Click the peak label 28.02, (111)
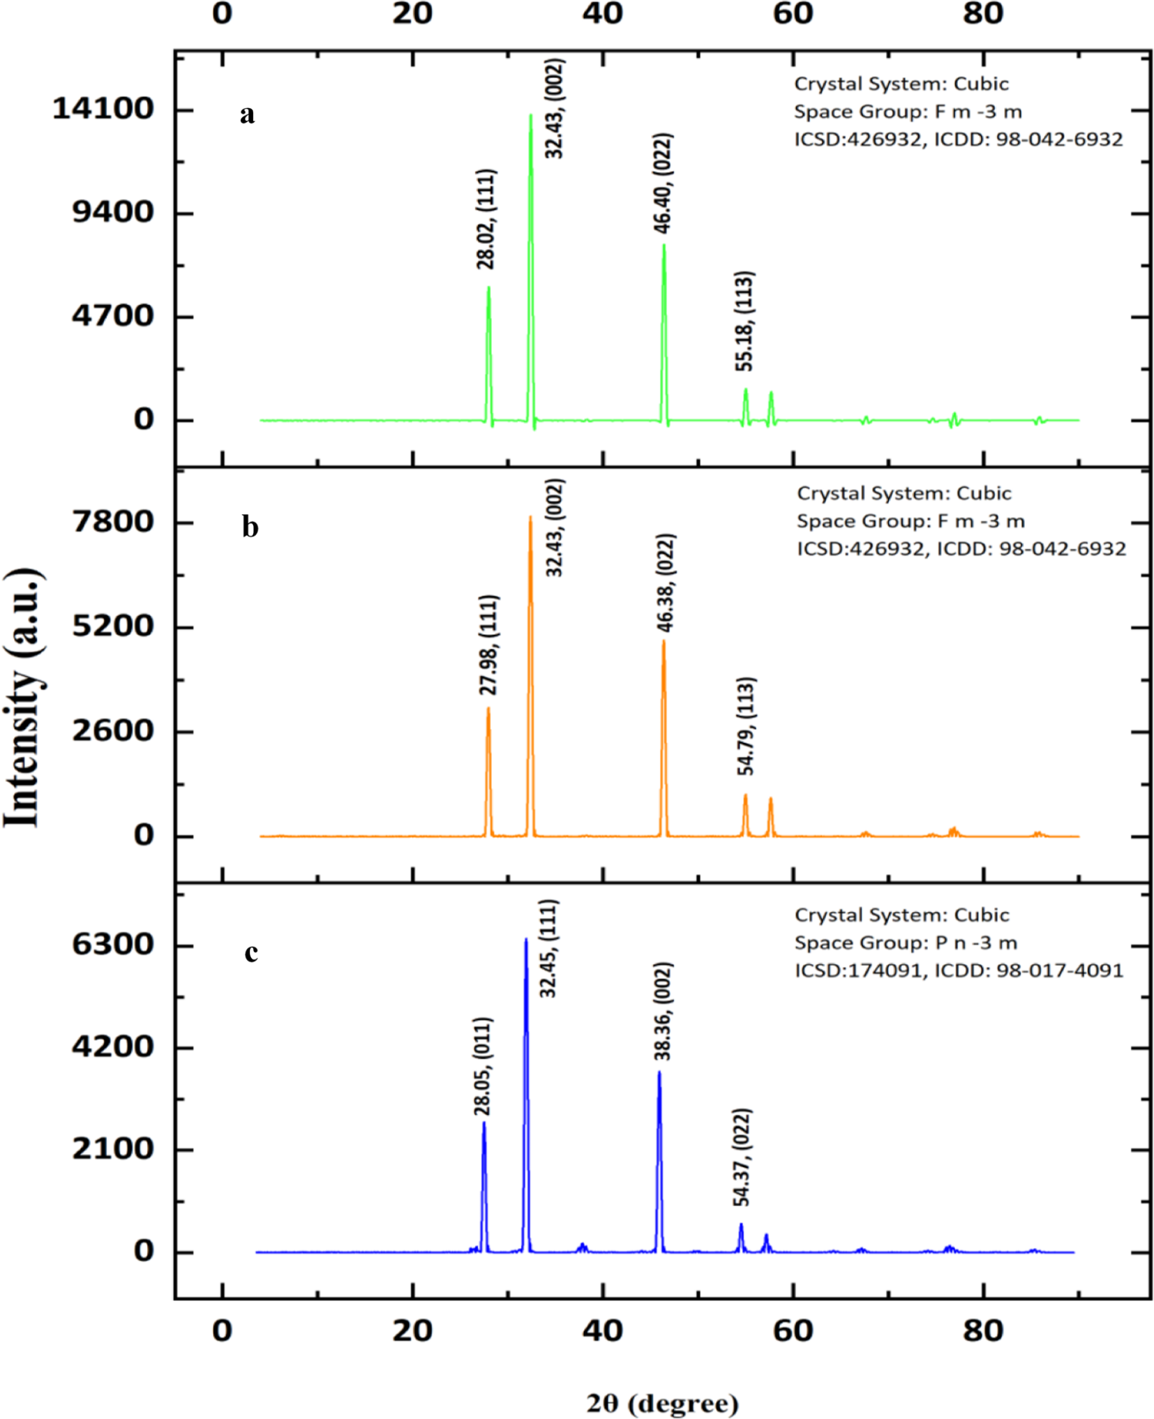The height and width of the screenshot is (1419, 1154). (486, 219)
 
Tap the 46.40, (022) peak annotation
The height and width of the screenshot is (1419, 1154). (662, 183)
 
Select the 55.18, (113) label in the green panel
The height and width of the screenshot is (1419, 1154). (744, 321)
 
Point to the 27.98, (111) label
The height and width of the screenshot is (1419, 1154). (488, 645)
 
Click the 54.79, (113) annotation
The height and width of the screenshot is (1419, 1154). (745, 726)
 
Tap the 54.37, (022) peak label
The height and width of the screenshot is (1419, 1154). (742, 1157)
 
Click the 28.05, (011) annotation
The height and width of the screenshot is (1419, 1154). (483, 1067)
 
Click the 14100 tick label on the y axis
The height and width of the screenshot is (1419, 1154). (103, 109)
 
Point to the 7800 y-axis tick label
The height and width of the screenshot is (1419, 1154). (113, 522)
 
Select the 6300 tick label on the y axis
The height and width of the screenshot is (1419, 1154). (113, 945)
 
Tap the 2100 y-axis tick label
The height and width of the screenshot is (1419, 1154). (113, 1149)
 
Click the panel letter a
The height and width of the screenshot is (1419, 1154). (247, 114)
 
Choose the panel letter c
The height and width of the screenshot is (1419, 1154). (251, 953)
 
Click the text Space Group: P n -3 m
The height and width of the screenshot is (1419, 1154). (906, 943)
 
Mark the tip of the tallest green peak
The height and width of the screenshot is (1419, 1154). (530, 115)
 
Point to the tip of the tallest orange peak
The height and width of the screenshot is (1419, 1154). (530, 517)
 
